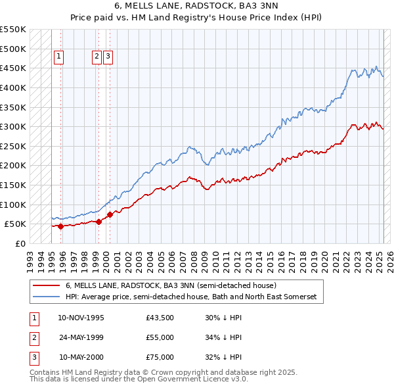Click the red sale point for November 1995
(60, 226)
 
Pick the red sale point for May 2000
(110, 214)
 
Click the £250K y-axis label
(13, 146)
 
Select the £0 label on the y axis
(20, 243)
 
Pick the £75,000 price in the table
(160, 357)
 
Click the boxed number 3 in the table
(33, 357)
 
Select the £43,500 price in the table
(160, 318)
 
